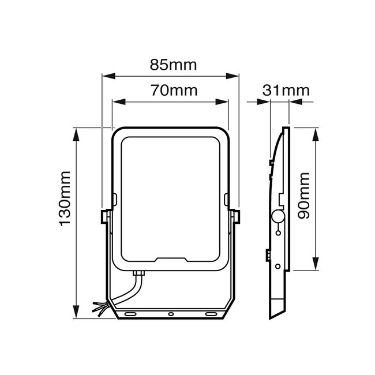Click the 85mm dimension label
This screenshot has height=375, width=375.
[x=173, y=65]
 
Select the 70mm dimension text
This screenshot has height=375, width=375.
[x=173, y=91]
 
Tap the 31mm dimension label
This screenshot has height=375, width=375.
[x=286, y=91]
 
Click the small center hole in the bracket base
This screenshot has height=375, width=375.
[x=170, y=313]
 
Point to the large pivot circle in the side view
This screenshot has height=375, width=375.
[x=278, y=217]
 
